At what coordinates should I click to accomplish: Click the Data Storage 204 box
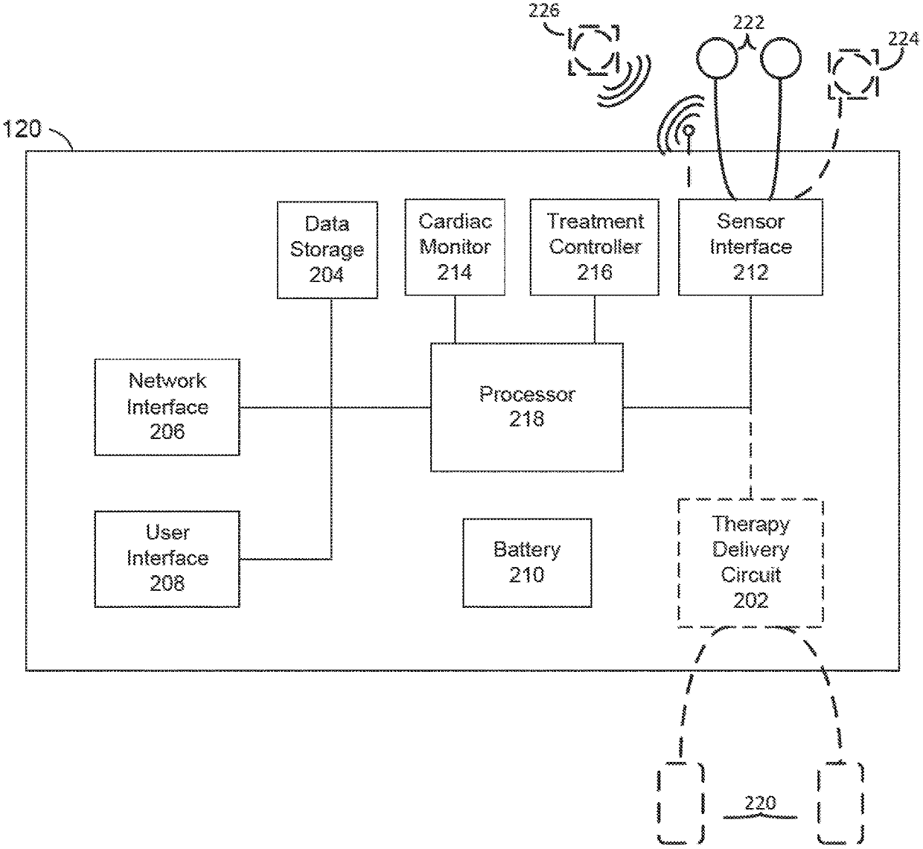point(327,249)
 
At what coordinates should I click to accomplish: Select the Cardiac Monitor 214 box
point(455,247)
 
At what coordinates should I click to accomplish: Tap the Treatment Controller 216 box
point(594,247)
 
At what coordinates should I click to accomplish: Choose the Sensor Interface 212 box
point(750,247)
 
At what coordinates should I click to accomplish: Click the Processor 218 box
point(526,407)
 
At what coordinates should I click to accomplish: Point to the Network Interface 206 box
point(167,407)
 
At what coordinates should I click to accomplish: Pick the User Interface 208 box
point(167,559)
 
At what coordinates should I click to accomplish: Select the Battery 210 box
point(527,563)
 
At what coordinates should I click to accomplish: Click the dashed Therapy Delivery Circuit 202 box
point(750,563)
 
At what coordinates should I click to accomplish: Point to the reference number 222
point(749,22)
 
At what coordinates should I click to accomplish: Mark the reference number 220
point(759,803)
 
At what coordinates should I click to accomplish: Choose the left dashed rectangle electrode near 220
point(681,802)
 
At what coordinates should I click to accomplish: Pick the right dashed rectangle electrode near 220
point(841,802)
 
